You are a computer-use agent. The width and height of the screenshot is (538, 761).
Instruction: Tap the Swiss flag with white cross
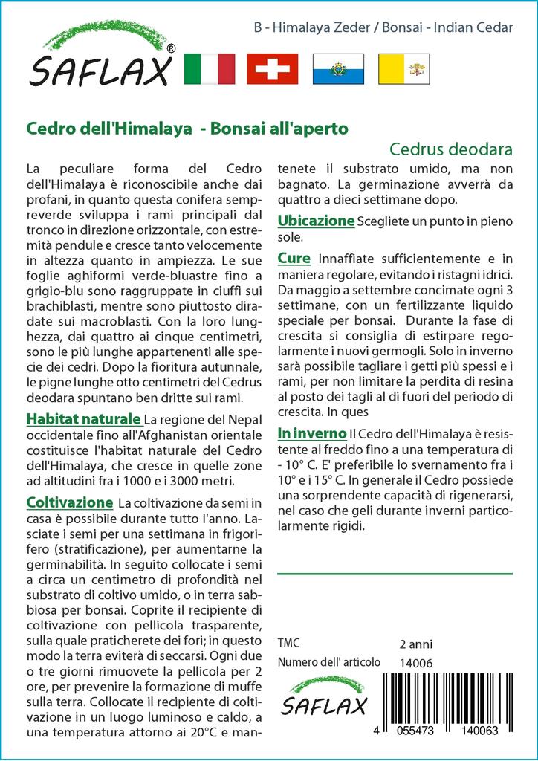pyautogui.click(x=272, y=68)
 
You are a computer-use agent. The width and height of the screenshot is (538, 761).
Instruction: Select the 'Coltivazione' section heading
pyautogui.click(x=69, y=503)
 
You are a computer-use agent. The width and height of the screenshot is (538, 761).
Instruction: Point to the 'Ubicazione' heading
pyautogui.click(x=316, y=221)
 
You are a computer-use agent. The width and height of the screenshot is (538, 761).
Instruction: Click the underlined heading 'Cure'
pyautogui.click(x=294, y=259)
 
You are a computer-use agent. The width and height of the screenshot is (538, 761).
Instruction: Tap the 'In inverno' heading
pyautogui.click(x=312, y=433)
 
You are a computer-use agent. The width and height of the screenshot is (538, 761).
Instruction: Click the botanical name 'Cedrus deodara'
pyautogui.click(x=451, y=148)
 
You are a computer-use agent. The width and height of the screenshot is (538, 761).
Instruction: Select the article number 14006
pyautogui.click(x=415, y=662)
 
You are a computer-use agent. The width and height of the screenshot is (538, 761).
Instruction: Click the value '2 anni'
pyautogui.click(x=415, y=644)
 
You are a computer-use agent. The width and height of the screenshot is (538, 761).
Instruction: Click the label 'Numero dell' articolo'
pyautogui.click(x=328, y=662)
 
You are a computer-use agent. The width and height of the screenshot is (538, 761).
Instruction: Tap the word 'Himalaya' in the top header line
pyautogui.click(x=302, y=27)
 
